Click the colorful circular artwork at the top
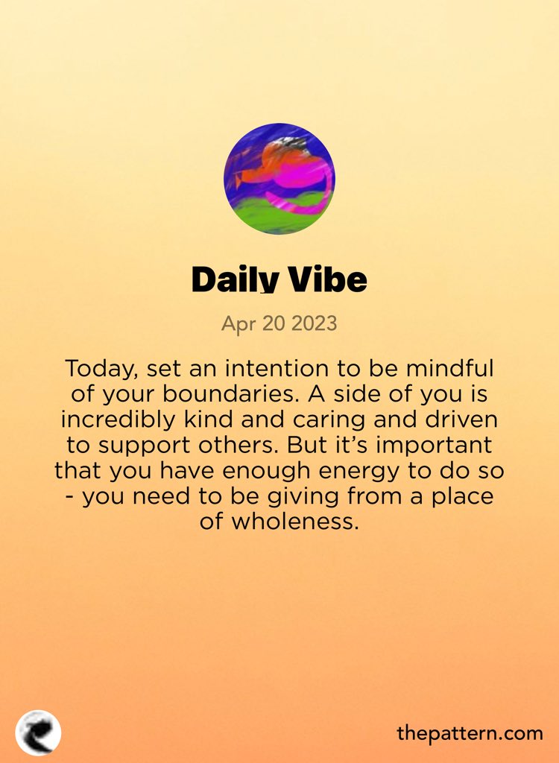tap(279, 179)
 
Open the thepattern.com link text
tap(470, 733)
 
